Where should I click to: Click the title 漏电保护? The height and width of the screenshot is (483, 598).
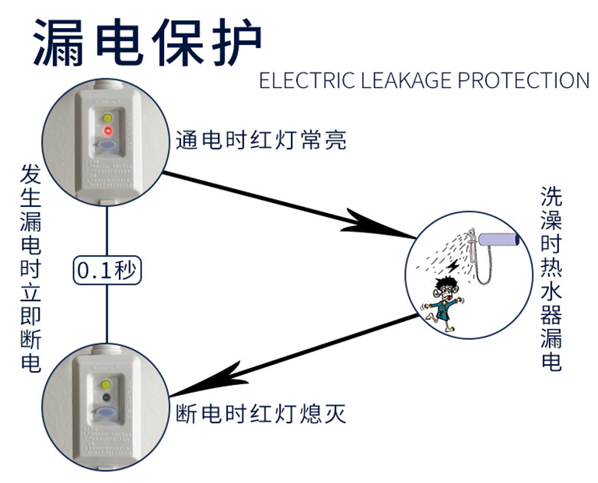[x=148, y=41]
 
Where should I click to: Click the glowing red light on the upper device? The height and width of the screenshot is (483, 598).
[x=108, y=129]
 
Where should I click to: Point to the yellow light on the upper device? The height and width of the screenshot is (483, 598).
[x=108, y=117]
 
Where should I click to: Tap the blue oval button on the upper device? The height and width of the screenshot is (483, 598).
[x=108, y=146]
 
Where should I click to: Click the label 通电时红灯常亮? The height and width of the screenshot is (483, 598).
[x=261, y=141]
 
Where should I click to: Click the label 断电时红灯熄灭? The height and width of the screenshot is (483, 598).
[x=261, y=413]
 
